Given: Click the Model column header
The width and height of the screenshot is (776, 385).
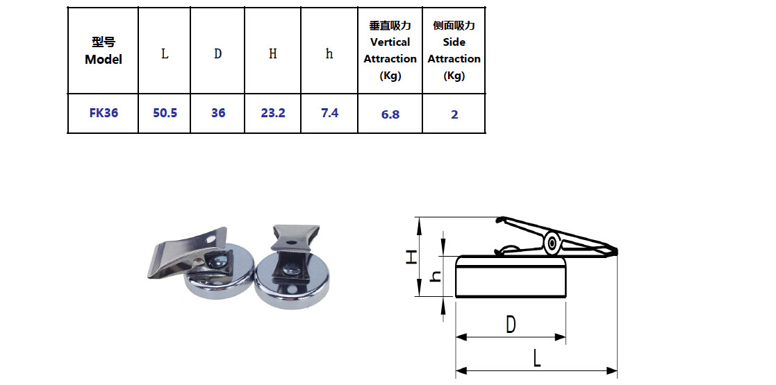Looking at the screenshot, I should pos(103,51).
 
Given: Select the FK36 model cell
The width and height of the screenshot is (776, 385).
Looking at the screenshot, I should pos(104,112).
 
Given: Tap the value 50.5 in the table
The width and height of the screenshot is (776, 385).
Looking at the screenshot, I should pos(165,112).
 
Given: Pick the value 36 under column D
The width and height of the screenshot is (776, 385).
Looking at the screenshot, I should pos(217,112).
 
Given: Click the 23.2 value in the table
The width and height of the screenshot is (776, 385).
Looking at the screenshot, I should pos(272,112).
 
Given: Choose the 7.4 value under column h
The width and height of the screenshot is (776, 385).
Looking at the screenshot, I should pos(329,112).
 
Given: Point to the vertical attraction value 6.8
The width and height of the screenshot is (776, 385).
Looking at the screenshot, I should pos(390,114).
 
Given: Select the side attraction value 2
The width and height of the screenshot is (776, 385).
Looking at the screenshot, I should pos(454,114).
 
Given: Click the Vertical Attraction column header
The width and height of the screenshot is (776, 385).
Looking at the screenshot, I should pos(390,51).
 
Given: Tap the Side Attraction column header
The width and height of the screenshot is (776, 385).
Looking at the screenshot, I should pos(454,51).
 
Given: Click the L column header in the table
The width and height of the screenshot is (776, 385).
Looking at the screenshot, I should pos(165,54).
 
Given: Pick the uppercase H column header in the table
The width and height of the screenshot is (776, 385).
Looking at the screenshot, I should pos(272,54).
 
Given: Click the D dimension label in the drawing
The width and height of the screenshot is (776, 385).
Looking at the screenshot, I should pos(511,324).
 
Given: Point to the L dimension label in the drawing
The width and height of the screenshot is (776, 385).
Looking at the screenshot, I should pos(536,359).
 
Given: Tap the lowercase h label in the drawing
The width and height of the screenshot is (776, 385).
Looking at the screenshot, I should pos(435,276).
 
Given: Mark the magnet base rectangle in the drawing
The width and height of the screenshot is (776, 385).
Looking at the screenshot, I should pos(511,280).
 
